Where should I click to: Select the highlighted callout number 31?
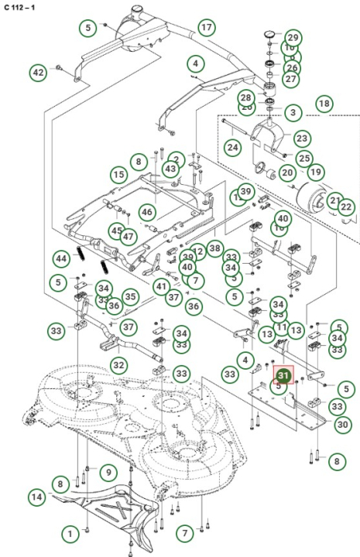283,376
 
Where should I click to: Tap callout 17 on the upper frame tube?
205,28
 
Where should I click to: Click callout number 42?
39,73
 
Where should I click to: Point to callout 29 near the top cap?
293,37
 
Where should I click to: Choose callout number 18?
324,104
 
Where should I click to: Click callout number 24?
232,146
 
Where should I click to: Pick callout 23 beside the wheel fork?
301,138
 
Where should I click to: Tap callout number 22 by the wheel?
346,207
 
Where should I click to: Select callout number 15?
118,175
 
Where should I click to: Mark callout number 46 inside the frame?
146,211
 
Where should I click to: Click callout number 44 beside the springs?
61,257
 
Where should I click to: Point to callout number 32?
118,364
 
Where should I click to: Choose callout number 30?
342,424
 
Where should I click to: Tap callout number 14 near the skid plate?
37,496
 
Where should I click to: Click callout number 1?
71,533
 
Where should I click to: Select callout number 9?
108,471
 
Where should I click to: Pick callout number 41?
160,286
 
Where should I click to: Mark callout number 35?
131,296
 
